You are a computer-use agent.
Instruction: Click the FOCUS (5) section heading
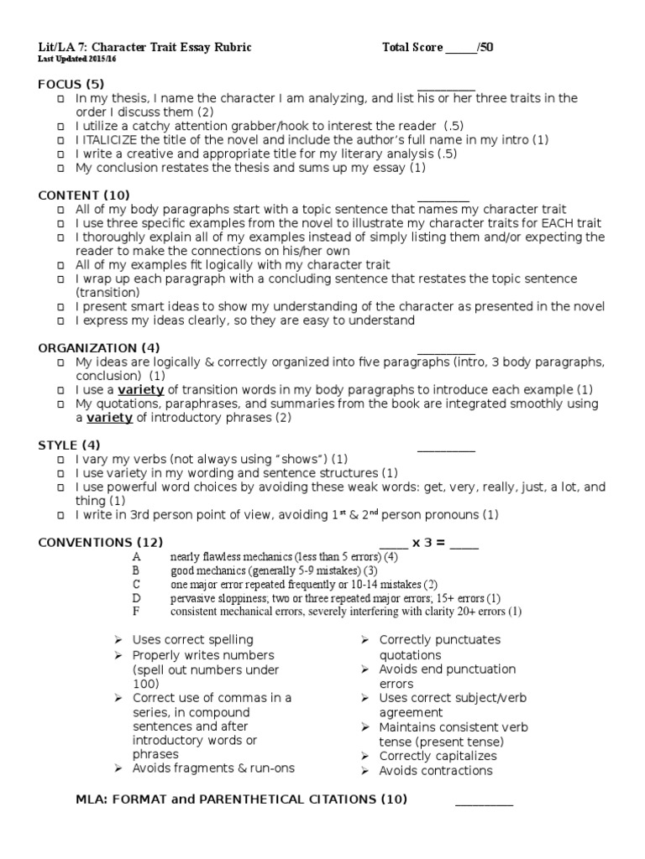coord(71,84)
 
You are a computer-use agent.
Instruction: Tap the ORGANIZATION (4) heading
coord(99,347)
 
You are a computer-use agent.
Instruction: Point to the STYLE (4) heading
coord(70,445)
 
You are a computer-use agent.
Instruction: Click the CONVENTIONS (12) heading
coord(101,542)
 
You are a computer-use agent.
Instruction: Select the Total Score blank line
coord(460,48)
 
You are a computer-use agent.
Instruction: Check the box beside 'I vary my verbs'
coord(61,460)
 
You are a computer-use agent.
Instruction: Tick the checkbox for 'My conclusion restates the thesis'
coord(61,168)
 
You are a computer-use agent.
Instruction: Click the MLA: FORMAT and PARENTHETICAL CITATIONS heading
coord(242,799)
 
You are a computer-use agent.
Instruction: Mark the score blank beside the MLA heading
coord(484,801)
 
